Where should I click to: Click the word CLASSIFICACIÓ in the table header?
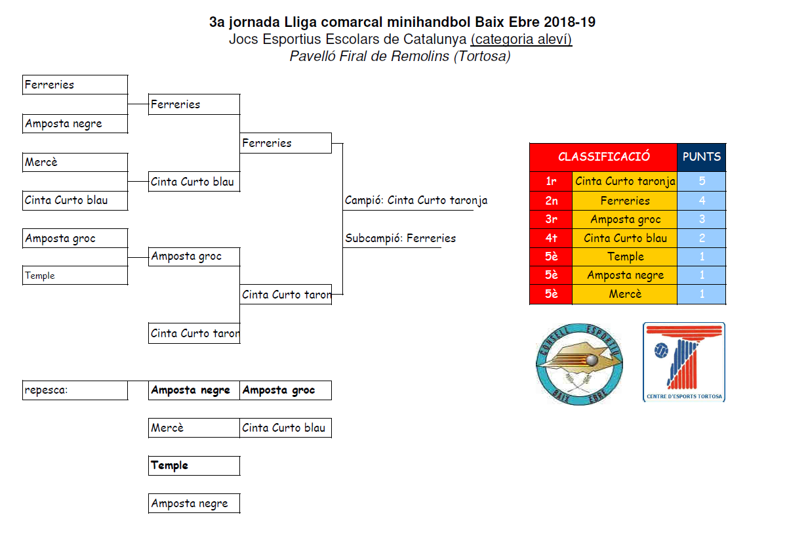(x=603, y=157)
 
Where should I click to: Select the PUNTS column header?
(x=702, y=157)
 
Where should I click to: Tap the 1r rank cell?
(x=551, y=182)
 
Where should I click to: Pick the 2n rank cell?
(x=551, y=201)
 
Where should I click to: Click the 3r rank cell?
(x=551, y=220)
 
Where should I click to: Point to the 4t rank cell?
(x=551, y=238)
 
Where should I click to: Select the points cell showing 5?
(x=702, y=182)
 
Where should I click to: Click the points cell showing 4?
(x=702, y=201)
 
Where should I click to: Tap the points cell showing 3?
(x=702, y=220)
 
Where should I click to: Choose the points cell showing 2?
(x=702, y=238)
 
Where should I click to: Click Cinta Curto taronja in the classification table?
(x=625, y=182)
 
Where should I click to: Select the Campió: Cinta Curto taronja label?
(x=416, y=201)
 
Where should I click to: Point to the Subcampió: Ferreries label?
(x=400, y=239)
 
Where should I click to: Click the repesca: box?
(x=75, y=390)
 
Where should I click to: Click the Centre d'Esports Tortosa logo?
(x=684, y=362)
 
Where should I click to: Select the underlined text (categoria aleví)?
(x=521, y=39)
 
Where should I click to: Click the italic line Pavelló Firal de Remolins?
(x=400, y=56)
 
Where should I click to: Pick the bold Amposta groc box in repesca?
(x=285, y=390)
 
